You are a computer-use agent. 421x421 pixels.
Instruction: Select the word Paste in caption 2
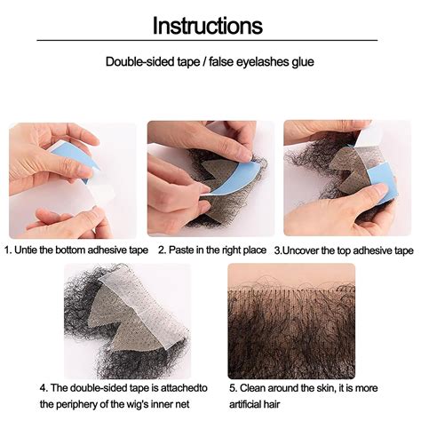(x=183, y=251)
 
